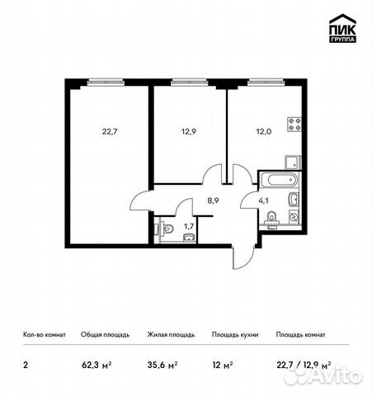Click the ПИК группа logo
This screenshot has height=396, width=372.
click(x=342, y=28)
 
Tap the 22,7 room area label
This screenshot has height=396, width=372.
click(x=110, y=132)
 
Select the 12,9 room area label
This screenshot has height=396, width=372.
click(x=188, y=132)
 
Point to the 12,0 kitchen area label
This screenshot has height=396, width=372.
click(x=264, y=132)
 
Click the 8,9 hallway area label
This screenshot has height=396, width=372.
click(x=213, y=200)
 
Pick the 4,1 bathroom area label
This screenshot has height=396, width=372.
click(x=263, y=200)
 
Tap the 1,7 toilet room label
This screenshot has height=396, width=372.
click(x=189, y=226)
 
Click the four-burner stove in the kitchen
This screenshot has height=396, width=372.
click(x=294, y=125)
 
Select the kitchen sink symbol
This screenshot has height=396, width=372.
click(x=293, y=163)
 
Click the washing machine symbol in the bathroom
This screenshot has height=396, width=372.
click(x=294, y=217)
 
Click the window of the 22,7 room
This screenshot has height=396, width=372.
click(x=106, y=82)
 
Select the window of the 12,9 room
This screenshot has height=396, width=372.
click(x=189, y=82)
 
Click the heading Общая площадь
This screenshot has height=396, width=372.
click(x=105, y=335)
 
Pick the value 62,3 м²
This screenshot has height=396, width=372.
click(x=97, y=365)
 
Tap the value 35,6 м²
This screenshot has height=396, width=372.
click(x=162, y=365)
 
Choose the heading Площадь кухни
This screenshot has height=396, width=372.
click(x=235, y=335)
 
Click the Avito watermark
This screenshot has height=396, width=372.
click(x=323, y=375)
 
